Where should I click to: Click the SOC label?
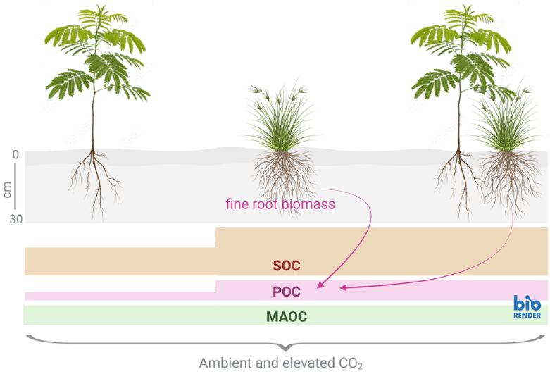(x=287, y=266)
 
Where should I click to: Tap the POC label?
(x=287, y=292)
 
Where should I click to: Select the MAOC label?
(x=287, y=316)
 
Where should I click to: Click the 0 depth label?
(x=15, y=154)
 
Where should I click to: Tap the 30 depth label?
(x=15, y=219)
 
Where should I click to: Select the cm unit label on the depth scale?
(x=7, y=189)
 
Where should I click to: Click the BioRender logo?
(x=527, y=306)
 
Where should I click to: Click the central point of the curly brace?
(x=285, y=349)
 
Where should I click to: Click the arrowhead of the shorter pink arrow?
(x=320, y=285)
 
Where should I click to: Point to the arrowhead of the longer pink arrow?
(x=343, y=287)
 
